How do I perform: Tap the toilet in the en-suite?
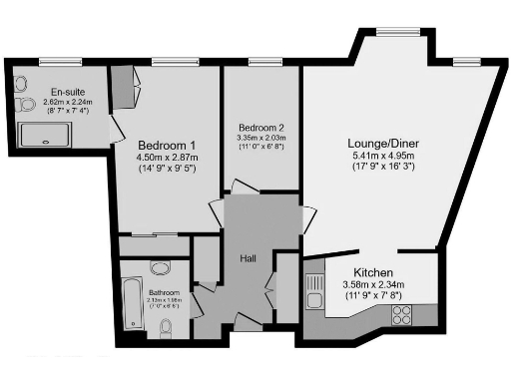pos(23,103)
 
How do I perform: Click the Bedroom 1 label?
pos(167,141)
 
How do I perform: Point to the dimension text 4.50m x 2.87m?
pos(167,157)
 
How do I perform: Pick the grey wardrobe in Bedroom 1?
pos(121,88)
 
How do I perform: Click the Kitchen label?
pos(372,272)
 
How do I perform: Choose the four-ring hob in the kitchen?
pos(403,315)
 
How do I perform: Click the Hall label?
pos(249,258)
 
